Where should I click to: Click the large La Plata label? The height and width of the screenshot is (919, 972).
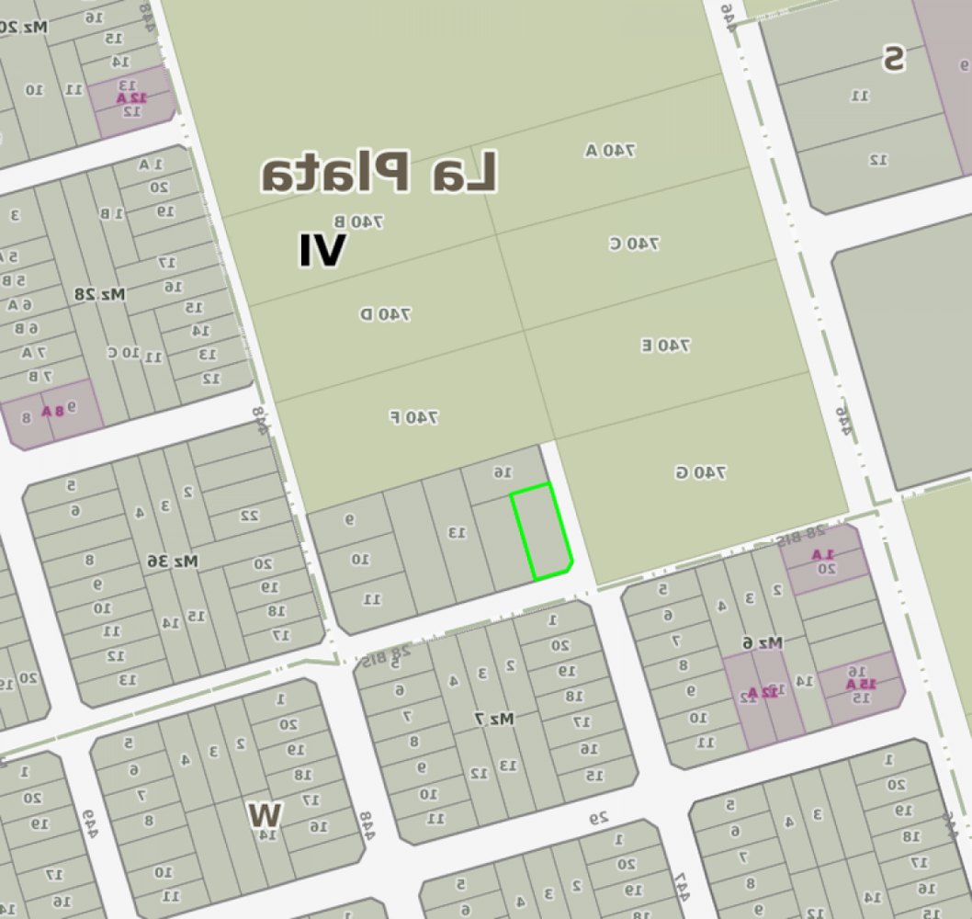(x=379, y=173)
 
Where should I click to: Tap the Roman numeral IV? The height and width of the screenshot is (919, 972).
(x=322, y=251)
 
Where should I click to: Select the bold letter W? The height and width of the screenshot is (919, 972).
(x=265, y=813)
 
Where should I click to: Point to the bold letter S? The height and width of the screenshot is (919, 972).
(x=893, y=59)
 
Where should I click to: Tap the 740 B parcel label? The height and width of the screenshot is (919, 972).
(x=358, y=221)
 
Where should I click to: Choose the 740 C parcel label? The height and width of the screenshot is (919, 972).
(x=634, y=244)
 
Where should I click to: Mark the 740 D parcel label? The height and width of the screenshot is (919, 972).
(x=385, y=314)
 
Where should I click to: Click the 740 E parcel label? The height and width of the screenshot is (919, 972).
(x=665, y=346)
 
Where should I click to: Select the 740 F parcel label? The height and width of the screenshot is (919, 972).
(x=413, y=417)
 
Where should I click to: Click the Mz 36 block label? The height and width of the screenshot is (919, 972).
(x=173, y=560)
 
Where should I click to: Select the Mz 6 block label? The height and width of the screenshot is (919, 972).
(x=762, y=643)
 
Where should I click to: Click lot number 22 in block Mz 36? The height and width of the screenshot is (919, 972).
(x=249, y=516)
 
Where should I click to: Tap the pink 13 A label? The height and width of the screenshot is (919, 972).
(x=862, y=683)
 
